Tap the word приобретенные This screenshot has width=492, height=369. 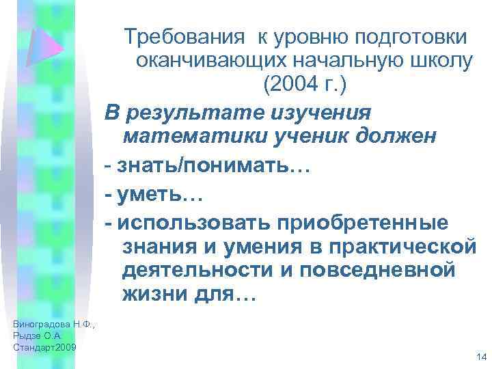[352, 223]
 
